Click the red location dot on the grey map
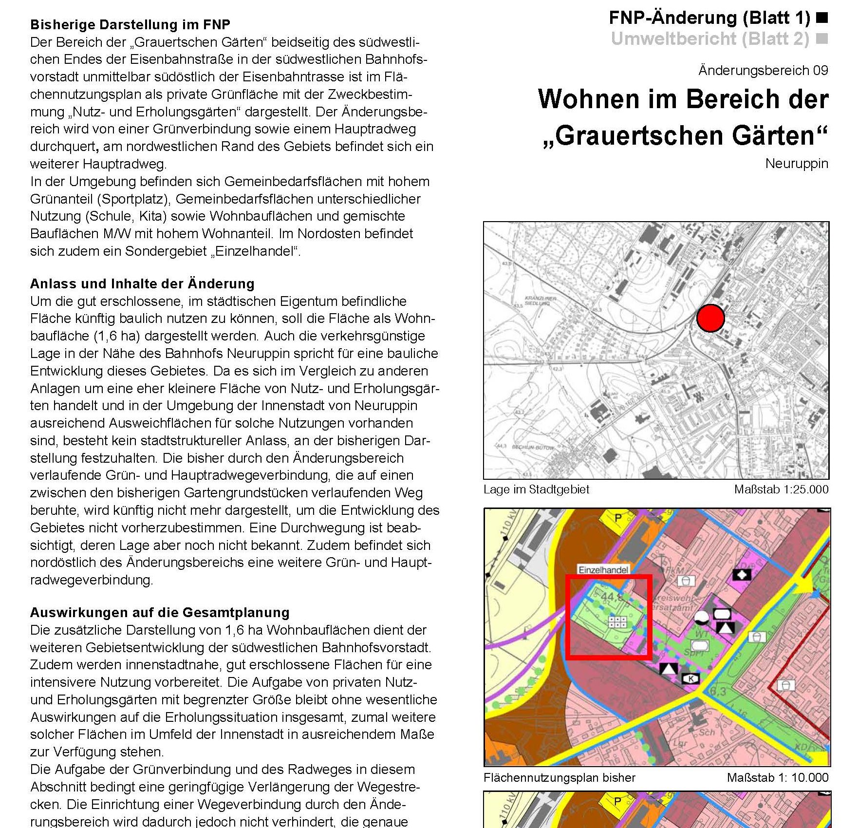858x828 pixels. click(x=710, y=318)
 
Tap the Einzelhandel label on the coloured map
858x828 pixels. click(x=603, y=569)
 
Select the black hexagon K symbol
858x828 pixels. click(x=690, y=678)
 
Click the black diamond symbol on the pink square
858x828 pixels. click(x=742, y=575)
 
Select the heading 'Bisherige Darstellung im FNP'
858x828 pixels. click(x=130, y=24)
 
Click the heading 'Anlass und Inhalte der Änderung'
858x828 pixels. click(x=142, y=283)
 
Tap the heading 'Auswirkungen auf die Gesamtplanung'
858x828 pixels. click(x=160, y=612)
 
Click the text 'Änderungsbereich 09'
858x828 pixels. click(x=763, y=71)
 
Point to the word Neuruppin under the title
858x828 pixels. click(x=796, y=163)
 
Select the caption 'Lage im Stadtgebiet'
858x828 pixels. click(x=536, y=489)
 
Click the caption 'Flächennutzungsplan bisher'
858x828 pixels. click(x=560, y=777)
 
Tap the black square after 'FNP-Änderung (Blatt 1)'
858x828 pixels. click(x=822, y=19)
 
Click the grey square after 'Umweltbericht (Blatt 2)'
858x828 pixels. click(x=822, y=38)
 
